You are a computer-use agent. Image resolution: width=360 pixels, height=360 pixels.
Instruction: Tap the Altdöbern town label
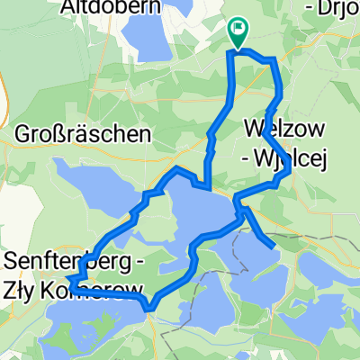coord(124,8)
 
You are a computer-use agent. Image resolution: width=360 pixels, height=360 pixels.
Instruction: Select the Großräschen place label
coord(82,134)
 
